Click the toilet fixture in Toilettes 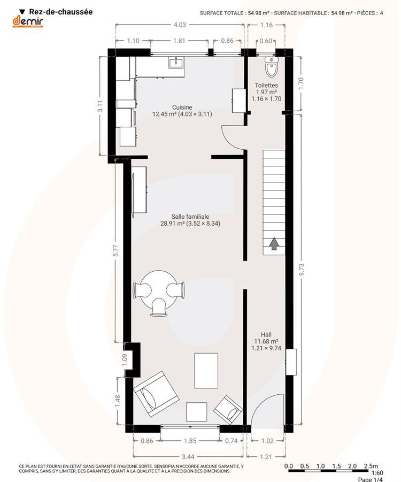(x=272, y=66)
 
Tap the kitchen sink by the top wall (x=176, y=63)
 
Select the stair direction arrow (x=274, y=244)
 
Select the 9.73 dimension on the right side (x=301, y=269)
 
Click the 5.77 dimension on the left (x=115, y=250)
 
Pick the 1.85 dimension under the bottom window (x=190, y=441)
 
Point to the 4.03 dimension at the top (x=180, y=25)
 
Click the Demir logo (x=28, y=21)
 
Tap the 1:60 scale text (x=377, y=473)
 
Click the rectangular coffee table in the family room (x=206, y=370)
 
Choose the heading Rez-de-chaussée (x=61, y=12)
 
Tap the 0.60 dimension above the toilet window (x=266, y=41)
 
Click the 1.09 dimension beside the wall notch (x=125, y=360)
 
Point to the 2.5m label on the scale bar (x=371, y=466)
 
